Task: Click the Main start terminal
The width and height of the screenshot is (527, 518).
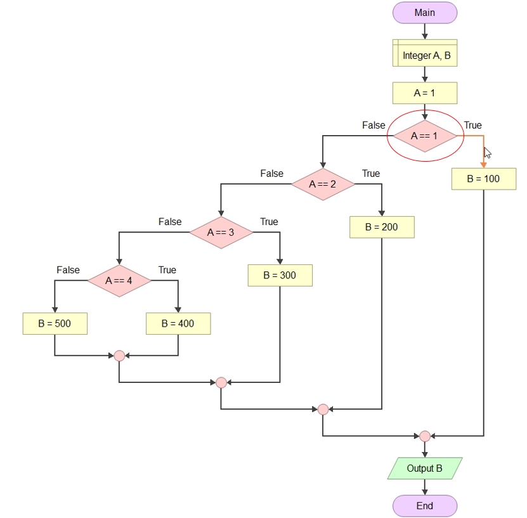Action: click(x=425, y=13)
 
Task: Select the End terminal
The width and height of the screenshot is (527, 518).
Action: click(x=425, y=505)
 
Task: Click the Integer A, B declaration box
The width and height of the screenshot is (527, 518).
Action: click(x=425, y=53)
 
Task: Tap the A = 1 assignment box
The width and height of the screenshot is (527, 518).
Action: click(x=425, y=93)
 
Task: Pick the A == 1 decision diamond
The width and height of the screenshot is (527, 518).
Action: click(x=425, y=136)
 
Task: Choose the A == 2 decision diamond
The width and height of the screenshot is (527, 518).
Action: click(x=323, y=184)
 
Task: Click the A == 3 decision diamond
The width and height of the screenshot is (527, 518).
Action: click(x=221, y=233)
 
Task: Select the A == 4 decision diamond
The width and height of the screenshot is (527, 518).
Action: click(x=119, y=280)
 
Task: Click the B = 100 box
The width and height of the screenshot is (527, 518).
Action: click(x=484, y=179)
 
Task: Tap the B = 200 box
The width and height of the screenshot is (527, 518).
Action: click(x=382, y=227)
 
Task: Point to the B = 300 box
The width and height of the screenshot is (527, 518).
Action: click(x=280, y=275)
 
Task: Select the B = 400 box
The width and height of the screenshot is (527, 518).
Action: click(x=178, y=323)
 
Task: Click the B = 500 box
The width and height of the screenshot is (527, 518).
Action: click(x=55, y=323)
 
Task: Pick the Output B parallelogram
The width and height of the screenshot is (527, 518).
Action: click(x=425, y=469)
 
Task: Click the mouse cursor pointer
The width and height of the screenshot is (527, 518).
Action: click(x=487, y=153)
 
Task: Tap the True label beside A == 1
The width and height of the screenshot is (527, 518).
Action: click(x=473, y=126)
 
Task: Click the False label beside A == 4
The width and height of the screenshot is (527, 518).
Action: click(x=68, y=270)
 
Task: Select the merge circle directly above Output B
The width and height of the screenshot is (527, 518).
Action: click(x=425, y=436)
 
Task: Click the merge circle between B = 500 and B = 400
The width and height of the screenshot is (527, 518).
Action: click(x=119, y=356)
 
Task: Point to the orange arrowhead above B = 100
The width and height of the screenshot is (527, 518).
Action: click(x=484, y=165)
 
